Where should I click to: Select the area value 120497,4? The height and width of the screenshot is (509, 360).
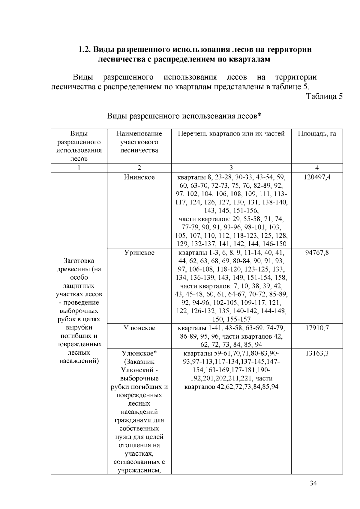317,177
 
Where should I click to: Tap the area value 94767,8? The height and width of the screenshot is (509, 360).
317,253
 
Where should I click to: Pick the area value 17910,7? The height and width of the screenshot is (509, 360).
317,328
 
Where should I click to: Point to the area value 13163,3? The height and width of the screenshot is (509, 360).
317,353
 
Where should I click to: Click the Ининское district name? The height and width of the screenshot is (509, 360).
139,177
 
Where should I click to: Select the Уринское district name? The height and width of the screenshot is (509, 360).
139,253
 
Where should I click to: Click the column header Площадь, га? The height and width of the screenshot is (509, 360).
317,134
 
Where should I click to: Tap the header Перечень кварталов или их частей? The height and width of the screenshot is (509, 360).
231,134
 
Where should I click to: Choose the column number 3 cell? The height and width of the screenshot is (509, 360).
231,168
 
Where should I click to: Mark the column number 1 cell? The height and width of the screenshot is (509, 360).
79,168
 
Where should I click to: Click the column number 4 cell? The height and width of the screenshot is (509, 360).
317,168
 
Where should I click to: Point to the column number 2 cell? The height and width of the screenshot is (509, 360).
139,168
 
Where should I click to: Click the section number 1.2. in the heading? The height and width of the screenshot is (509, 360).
85,49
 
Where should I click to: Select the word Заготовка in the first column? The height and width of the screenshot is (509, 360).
79,260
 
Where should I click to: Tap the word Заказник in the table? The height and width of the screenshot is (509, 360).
139,362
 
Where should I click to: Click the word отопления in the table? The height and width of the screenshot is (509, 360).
139,445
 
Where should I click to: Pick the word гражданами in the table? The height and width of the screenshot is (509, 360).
139,420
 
